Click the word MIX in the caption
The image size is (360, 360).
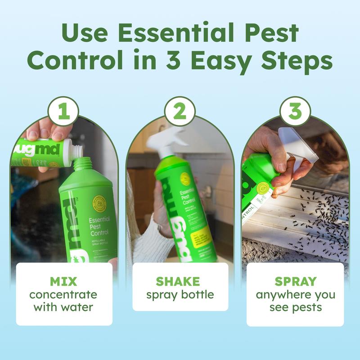[x=63, y=282]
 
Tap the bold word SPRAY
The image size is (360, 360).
[x=295, y=282]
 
